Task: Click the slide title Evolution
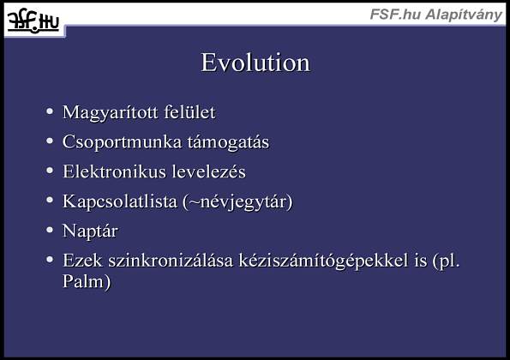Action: [x=255, y=63]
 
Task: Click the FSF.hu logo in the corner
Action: [x=33, y=21]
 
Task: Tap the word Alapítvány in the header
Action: [x=464, y=15]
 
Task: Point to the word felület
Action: [x=189, y=112]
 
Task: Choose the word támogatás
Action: [x=228, y=142]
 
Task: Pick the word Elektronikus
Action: [x=115, y=171]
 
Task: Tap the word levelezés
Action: [x=209, y=171]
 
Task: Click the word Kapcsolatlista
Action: [x=120, y=201]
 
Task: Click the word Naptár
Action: [x=90, y=231]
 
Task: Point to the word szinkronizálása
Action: [x=171, y=261]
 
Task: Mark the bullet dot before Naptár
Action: [x=50, y=230]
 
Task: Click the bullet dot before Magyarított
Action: [x=50, y=111]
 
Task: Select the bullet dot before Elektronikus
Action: [x=50, y=171]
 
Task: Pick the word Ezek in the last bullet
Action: [x=82, y=261]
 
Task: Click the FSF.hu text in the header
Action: [x=395, y=15]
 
